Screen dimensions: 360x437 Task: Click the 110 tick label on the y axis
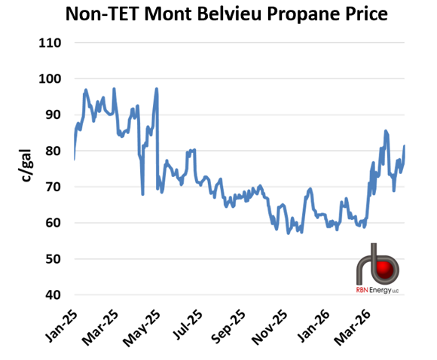(x=50, y=42)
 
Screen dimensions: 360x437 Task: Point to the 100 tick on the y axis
(x=50, y=78)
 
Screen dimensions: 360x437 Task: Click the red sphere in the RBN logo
(x=387, y=270)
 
